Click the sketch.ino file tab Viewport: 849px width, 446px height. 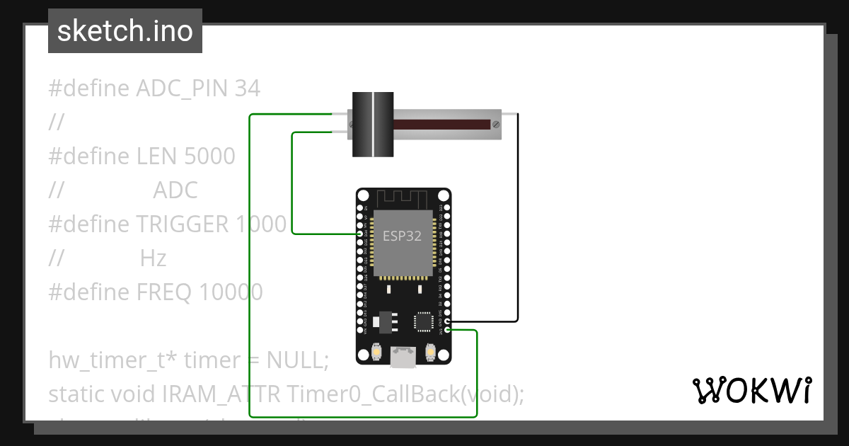click(125, 31)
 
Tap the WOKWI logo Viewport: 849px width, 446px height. click(751, 390)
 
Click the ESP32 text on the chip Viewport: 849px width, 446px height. click(402, 236)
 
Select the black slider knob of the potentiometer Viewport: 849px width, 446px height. click(373, 125)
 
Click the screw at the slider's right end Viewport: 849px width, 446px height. click(496, 125)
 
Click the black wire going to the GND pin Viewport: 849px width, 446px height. click(518, 212)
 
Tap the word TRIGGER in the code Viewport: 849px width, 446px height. click(183, 224)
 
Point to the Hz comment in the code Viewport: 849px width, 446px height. click(153, 258)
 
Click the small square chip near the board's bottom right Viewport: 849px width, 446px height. click(424, 321)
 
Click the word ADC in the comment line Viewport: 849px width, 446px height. click(175, 190)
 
